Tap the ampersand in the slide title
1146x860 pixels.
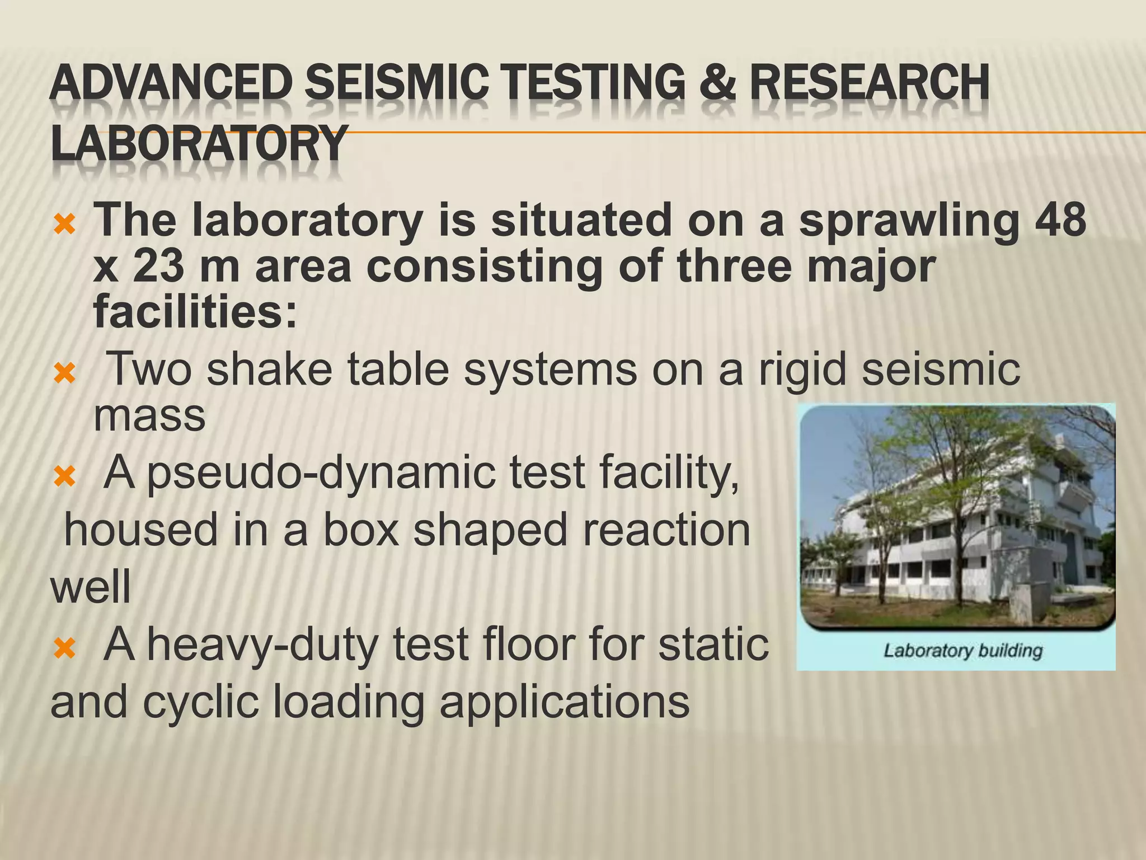click(717, 83)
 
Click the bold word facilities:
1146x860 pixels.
click(195, 312)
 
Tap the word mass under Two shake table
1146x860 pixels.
click(149, 415)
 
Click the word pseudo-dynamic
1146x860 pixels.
click(321, 473)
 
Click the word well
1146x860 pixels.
click(91, 586)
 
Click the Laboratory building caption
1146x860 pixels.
click(962, 651)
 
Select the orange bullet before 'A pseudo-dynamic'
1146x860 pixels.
click(65, 478)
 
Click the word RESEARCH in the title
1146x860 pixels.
click(870, 83)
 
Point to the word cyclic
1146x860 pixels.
click(201, 702)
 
